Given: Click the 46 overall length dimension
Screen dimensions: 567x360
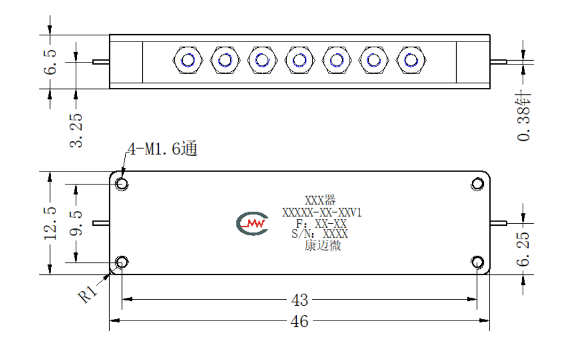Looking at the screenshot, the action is click(299, 321).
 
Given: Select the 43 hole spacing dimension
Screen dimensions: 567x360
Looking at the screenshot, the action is click(299, 300).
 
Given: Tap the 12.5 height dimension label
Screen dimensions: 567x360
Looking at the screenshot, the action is click(50, 223).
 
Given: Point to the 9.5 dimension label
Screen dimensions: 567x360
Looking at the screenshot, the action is click(76, 223).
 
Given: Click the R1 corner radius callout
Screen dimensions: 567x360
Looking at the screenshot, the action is click(87, 293).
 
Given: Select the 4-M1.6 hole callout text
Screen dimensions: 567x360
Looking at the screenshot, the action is click(163, 149).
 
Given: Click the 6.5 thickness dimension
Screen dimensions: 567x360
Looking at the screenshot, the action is click(50, 62).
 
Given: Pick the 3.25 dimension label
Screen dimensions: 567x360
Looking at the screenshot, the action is click(76, 130).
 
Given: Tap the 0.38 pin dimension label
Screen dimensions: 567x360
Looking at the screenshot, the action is click(523, 116).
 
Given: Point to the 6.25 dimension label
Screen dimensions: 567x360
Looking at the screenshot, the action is click(523, 249).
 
